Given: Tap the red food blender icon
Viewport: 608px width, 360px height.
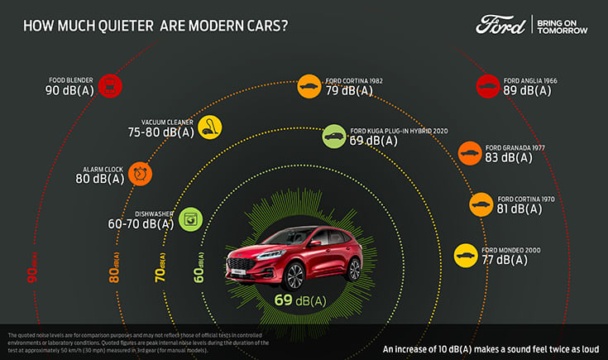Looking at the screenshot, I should coord(109,84).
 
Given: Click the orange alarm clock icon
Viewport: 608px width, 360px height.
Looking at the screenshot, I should coord(141,173).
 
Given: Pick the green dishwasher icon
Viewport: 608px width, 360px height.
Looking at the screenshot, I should coord(190,218).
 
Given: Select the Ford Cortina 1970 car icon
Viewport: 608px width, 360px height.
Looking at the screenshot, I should coord(481,204).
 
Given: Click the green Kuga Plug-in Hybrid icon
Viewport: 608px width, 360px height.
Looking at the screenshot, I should coord(334,137).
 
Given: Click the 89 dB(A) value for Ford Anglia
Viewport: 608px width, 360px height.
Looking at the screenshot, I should coord(527,91).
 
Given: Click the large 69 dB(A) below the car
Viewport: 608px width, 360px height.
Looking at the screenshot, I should coord(301,300).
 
